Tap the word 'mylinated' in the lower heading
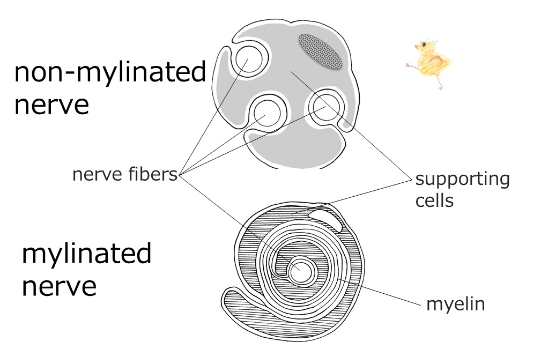pos(87,253)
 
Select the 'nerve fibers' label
pos(124,174)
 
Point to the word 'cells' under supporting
pos(434,200)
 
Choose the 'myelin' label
pos(455,304)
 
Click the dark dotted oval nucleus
pos(320,51)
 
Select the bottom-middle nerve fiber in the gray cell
pos(267,113)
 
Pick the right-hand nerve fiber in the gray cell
pos(327,107)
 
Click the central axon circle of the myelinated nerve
pos(301,272)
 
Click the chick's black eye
pos(424,44)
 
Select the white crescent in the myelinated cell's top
pos(326,219)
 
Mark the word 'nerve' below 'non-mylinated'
pos(52,105)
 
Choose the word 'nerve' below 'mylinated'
pos(59,286)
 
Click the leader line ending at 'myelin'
pos(379,292)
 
